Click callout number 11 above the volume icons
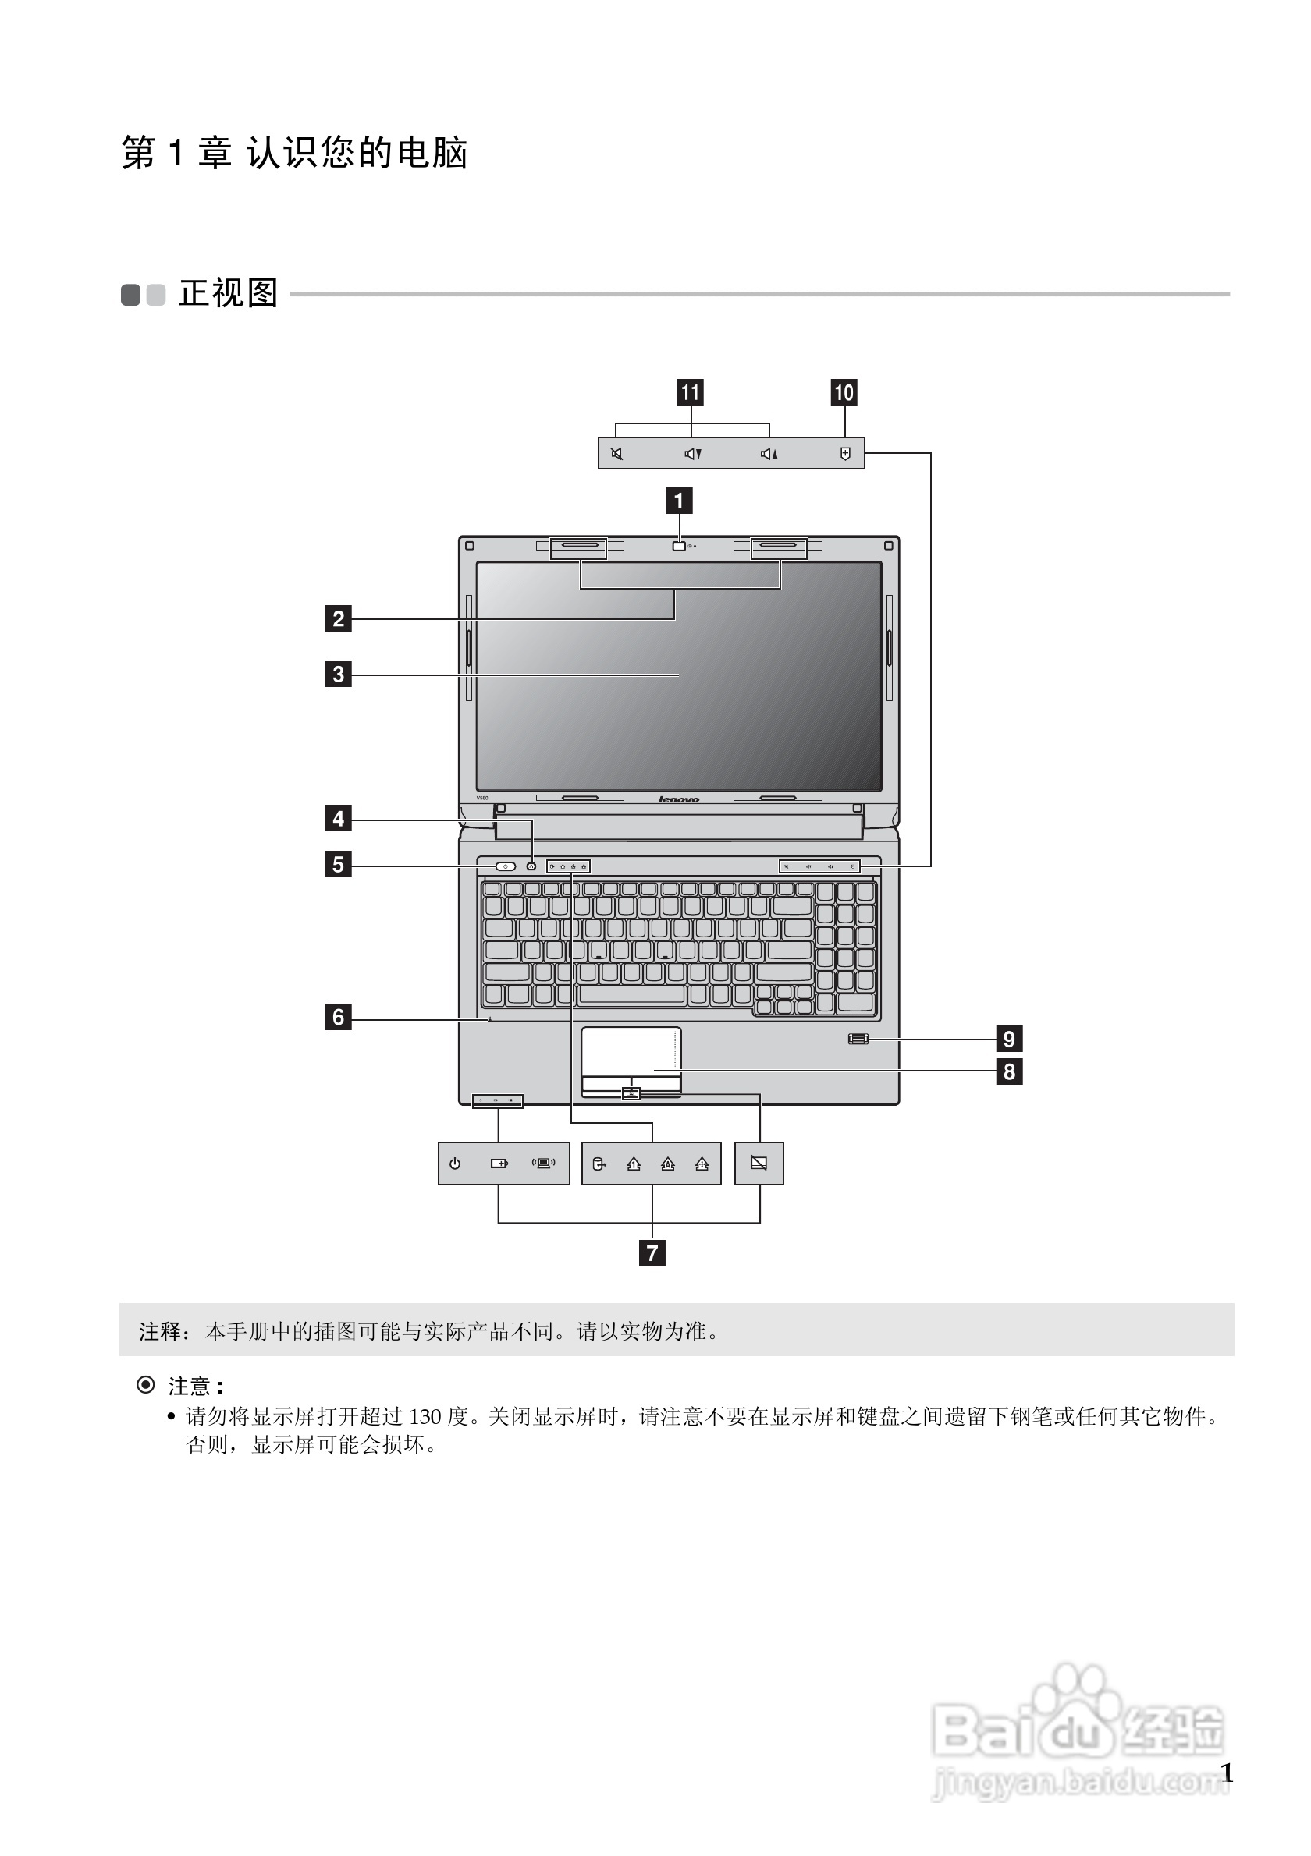coord(690,393)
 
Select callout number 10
coord(844,393)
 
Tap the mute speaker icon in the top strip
coord(617,454)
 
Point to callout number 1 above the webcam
coord(679,501)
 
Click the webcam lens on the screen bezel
coord(679,547)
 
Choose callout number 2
coord(338,619)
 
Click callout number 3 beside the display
coord(338,675)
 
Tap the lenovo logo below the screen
coord(679,799)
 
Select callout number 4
coord(338,819)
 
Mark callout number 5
coord(338,865)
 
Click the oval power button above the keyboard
coord(506,866)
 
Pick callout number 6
coord(338,1017)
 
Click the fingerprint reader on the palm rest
coord(859,1039)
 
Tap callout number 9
coord(1008,1039)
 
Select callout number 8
coord(1008,1072)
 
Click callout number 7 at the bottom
coord(652,1254)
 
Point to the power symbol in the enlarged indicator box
coord(455,1164)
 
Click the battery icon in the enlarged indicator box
coord(499,1164)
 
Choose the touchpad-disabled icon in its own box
coord(759,1164)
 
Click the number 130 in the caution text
coord(425,1417)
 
